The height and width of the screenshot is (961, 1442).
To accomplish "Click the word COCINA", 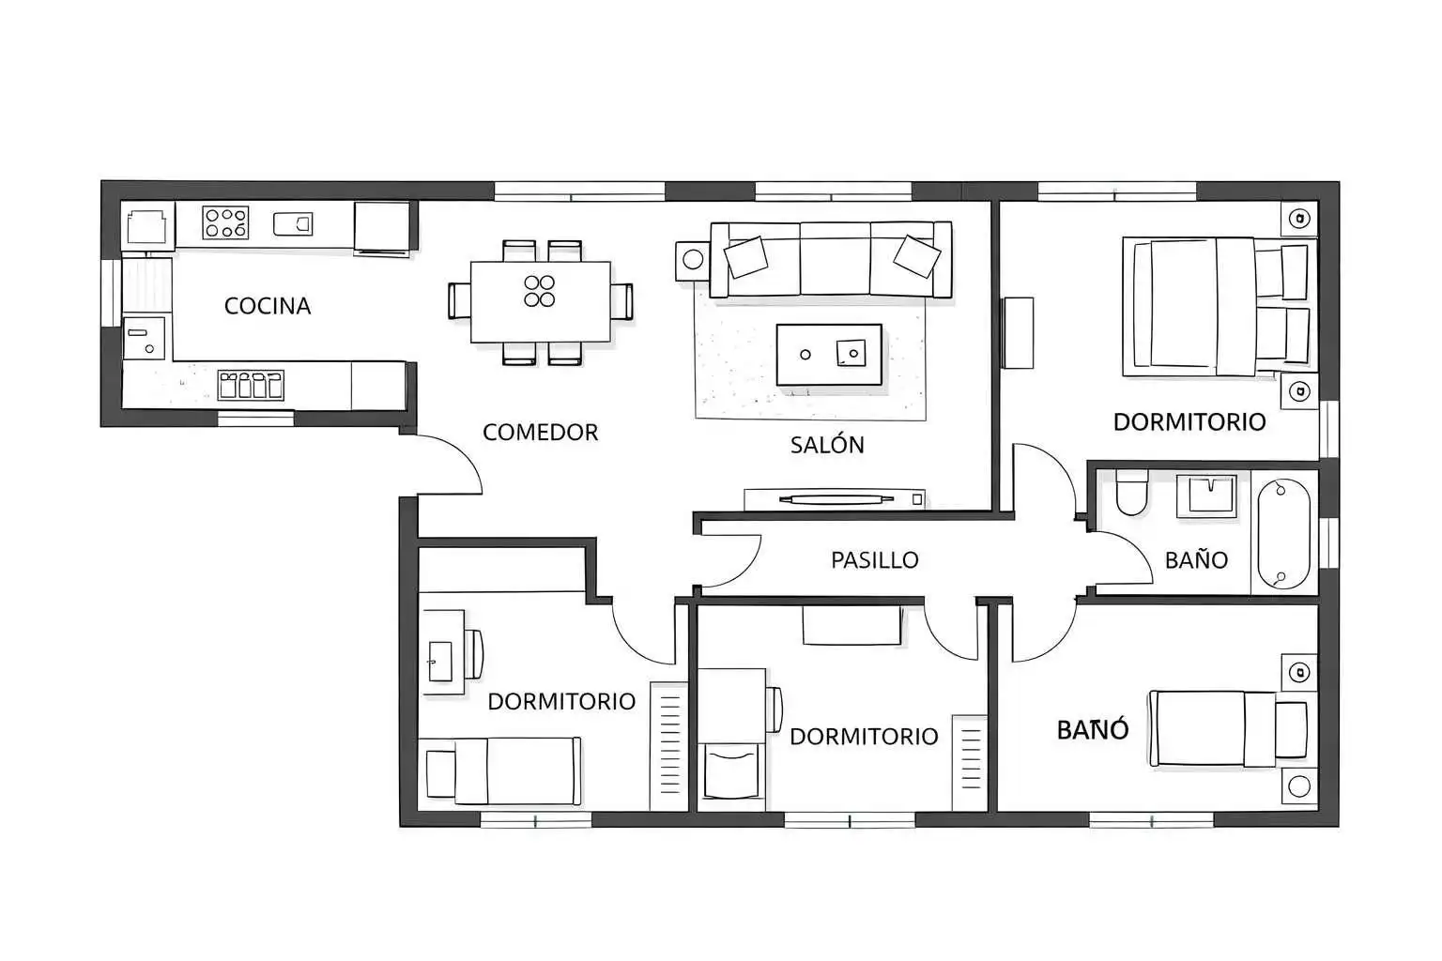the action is (268, 306).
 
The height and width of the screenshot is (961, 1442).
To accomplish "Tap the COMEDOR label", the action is (540, 432).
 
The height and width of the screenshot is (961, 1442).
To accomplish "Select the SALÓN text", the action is (827, 444).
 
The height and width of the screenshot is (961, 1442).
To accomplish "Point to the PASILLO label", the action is (874, 560).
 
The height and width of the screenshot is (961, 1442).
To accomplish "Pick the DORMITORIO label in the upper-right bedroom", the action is (1189, 422).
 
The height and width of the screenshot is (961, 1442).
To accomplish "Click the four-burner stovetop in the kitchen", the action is (225, 222).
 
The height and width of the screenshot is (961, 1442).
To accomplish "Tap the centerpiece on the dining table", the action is (540, 291).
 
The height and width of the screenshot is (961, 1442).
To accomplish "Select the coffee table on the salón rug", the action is (829, 355).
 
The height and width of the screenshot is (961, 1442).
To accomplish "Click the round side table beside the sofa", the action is (693, 260).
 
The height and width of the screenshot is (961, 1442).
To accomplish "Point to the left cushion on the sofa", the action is (745, 257).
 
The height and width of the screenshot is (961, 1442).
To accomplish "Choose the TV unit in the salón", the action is (835, 499).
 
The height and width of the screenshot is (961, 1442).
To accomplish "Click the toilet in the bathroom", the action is (1131, 493).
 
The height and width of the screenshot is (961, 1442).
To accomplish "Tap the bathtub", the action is (1283, 534).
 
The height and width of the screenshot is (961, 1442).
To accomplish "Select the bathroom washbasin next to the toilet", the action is (1206, 496).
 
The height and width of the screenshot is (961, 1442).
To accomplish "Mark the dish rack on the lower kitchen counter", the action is (251, 385).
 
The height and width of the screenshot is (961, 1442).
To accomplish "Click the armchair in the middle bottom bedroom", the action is (731, 771).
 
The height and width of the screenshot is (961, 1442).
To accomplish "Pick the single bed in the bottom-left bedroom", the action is (503, 771).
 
